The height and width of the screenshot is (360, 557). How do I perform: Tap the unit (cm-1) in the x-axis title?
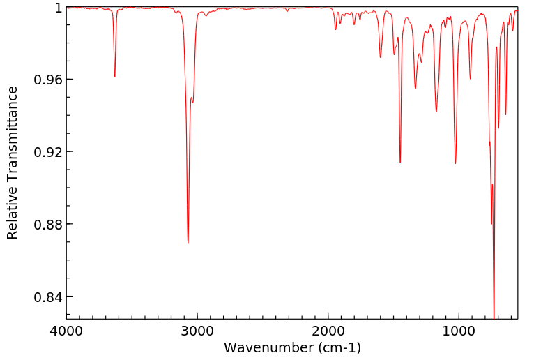tap(338, 347)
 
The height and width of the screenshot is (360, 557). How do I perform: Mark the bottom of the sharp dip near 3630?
tap(114, 77)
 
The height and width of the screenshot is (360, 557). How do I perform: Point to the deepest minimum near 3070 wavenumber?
tap(188, 243)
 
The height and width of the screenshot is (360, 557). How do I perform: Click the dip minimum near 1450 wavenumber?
tap(400, 162)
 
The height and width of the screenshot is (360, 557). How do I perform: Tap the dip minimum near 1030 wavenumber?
tap(455, 163)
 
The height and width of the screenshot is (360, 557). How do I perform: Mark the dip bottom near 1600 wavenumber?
tap(381, 57)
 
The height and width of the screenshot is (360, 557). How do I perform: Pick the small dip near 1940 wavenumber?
tap(335, 29)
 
